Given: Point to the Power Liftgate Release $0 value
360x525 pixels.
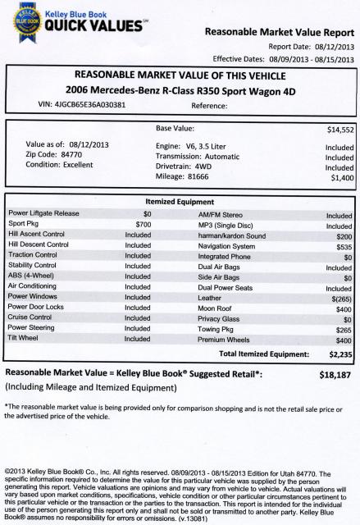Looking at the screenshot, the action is click(147, 213).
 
